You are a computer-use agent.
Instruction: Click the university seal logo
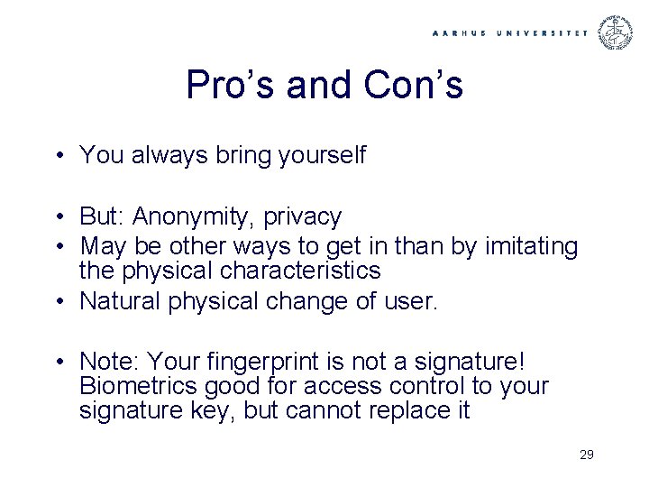tap(617, 32)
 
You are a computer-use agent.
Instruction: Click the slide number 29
tap(586, 455)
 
